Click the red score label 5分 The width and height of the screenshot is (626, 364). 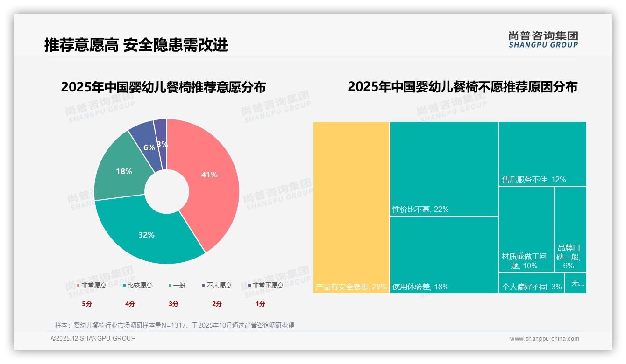click(87, 304)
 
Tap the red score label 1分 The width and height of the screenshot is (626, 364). click(260, 304)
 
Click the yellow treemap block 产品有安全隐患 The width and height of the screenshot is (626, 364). click(351, 207)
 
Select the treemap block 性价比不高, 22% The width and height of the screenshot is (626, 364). click(444, 168)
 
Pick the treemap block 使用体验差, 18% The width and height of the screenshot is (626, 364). click(444, 254)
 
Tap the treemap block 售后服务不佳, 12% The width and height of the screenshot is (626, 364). click(542, 154)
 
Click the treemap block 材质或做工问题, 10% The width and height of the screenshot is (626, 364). click(526, 229)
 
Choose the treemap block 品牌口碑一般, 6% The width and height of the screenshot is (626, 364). click(570, 229)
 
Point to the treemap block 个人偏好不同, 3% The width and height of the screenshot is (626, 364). click(532, 283)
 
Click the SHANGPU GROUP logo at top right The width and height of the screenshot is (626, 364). click(543, 40)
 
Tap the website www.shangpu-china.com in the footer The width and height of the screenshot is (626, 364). click(544, 339)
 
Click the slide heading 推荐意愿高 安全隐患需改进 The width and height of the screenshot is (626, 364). click(136, 45)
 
